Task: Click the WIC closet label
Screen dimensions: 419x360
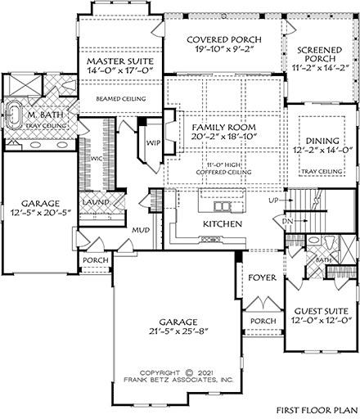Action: point(97,158)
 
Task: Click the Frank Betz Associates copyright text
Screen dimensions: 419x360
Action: point(178,380)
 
